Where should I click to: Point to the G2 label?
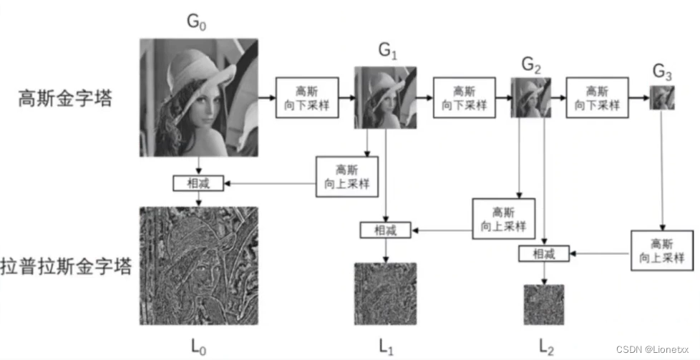531,65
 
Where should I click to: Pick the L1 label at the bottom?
387,346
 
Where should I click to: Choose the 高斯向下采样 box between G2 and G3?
597,98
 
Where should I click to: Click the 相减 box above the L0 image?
200,183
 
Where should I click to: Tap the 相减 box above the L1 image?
387,230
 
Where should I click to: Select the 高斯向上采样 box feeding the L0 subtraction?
346,177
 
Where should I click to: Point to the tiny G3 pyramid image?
662,97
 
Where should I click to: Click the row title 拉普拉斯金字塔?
66,268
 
